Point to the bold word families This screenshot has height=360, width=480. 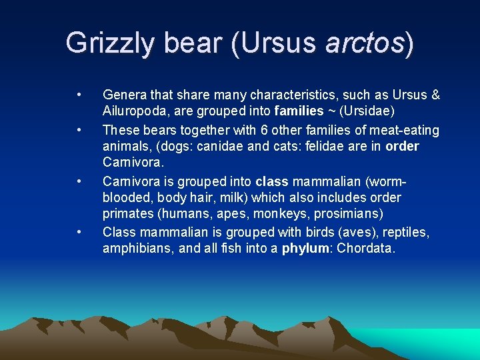tap(298, 111)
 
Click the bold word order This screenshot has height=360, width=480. tap(403, 146)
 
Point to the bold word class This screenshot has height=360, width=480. tap(271, 181)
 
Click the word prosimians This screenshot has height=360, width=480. tap(349, 215)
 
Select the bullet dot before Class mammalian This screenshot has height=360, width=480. tap(79, 231)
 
